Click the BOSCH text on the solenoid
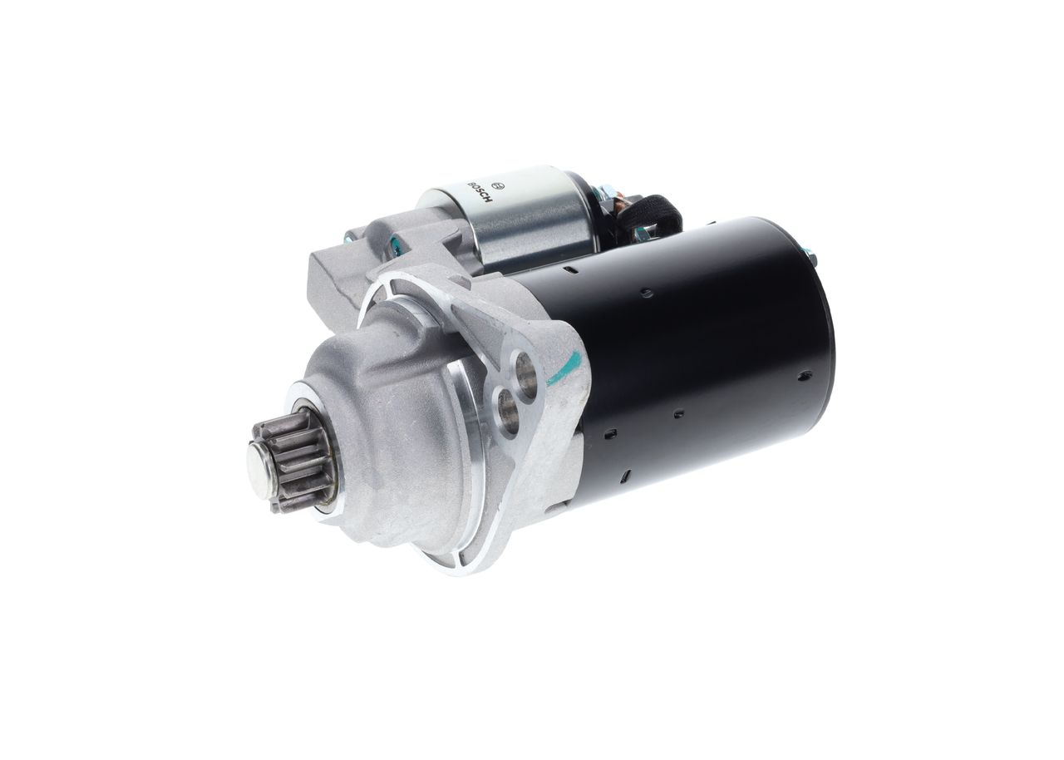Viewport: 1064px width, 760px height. pyautogui.click(x=480, y=191)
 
